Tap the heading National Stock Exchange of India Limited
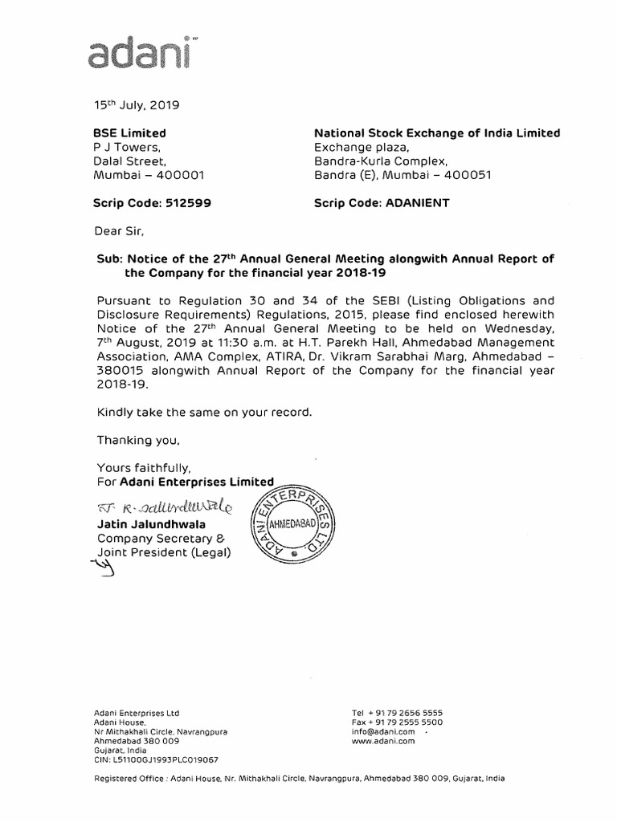pyautogui.click(x=437, y=133)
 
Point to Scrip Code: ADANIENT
pyautogui.click(x=382, y=203)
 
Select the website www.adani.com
pyautogui.click(x=382, y=742)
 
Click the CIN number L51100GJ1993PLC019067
pyautogui.click(x=156, y=759)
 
